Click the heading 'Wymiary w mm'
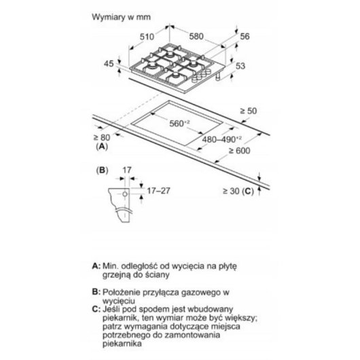click(x=121, y=17)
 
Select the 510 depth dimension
click(x=147, y=37)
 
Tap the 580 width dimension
click(x=196, y=36)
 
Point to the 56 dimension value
click(x=245, y=36)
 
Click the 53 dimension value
click(x=240, y=66)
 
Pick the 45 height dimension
click(x=109, y=64)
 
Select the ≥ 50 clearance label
click(x=249, y=111)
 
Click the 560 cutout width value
click(x=179, y=124)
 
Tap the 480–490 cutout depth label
click(x=222, y=139)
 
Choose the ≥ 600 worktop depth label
click(x=240, y=151)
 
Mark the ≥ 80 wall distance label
click(x=102, y=137)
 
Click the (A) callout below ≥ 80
click(x=102, y=146)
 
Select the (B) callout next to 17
click(x=102, y=170)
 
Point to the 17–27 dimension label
click(x=158, y=191)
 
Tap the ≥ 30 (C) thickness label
click(x=238, y=191)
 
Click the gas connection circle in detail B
click(x=125, y=194)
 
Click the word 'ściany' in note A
click(x=158, y=274)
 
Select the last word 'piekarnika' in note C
click(x=122, y=344)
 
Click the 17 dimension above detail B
click(x=127, y=170)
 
